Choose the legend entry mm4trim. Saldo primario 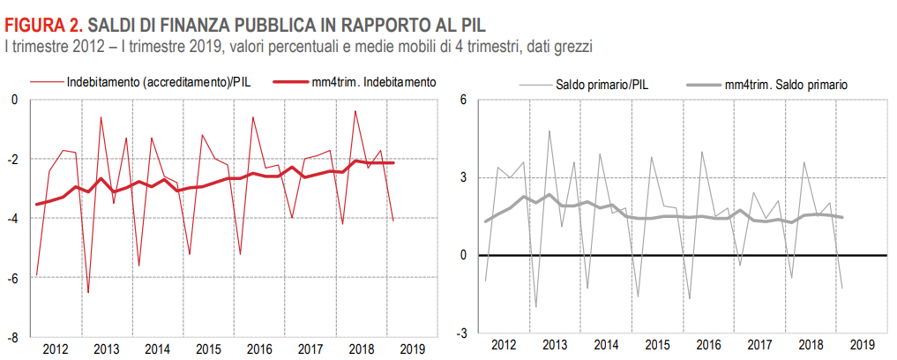[x=784, y=85]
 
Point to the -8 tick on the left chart [x=12, y=338]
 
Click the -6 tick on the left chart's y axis [x=12, y=278]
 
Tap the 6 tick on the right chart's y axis [x=461, y=100]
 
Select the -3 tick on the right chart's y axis [x=460, y=334]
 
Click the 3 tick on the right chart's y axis [x=461, y=178]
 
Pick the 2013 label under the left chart [x=107, y=349]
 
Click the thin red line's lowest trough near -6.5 [x=87, y=292]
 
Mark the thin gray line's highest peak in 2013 [x=549, y=131]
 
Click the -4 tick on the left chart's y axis [x=12, y=219]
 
